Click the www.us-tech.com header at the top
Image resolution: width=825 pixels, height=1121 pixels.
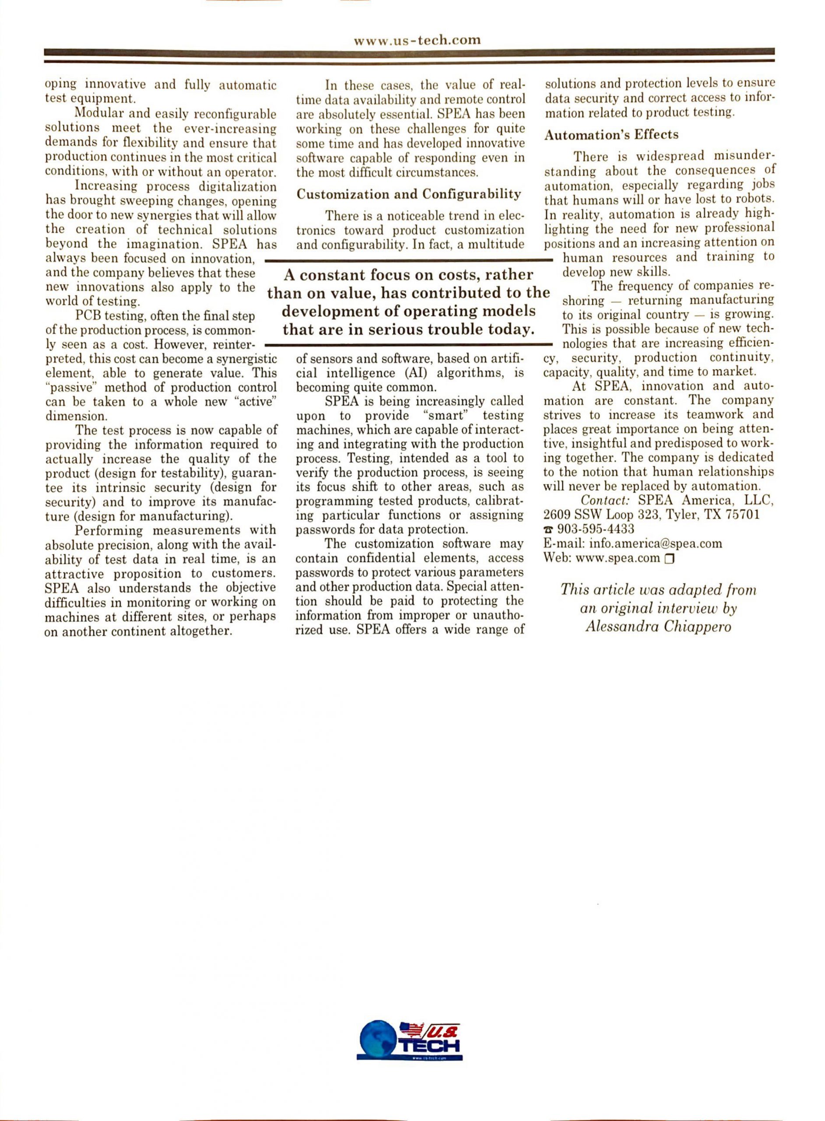tap(417, 40)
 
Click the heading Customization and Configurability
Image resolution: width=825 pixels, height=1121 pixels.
tap(408, 194)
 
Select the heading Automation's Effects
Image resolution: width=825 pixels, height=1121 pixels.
tap(611, 135)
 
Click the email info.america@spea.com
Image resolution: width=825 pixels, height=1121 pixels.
tap(656, 543)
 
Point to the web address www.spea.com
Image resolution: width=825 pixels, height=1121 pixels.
tap(618, 558)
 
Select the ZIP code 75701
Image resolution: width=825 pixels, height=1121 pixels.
tap(743, 515)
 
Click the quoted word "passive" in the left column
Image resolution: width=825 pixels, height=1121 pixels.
tap(65, 388)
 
